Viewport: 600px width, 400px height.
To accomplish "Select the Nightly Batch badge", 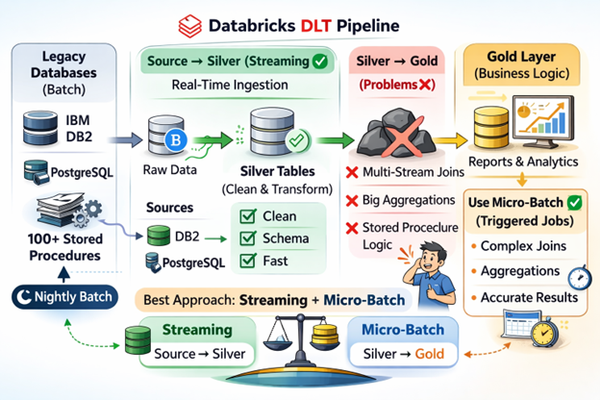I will [61, 298].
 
